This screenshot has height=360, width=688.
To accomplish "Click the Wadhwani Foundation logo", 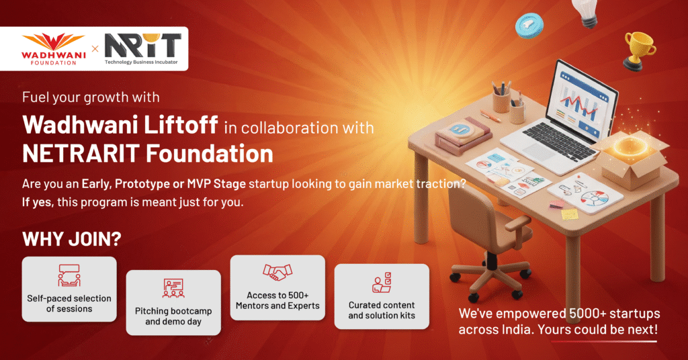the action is pyautogui.click(x=53, y=48).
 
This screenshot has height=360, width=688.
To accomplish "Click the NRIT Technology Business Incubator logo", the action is pyautogui.click(x=142, y=49).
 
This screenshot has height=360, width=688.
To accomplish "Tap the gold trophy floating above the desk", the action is pyautogui.click(x=639, y=50).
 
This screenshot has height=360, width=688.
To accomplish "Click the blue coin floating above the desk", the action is pyautogui.click(x=529, y=25).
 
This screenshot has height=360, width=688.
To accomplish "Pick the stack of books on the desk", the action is pyautogui.click(x=463, y=134).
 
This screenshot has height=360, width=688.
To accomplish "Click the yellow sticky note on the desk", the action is pyautogui.click(x=570, y=214).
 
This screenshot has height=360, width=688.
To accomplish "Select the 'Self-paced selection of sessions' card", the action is pyautogui.click(x=69, y=289).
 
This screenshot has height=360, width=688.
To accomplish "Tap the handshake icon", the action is pyautogui.click(x=277, y=272).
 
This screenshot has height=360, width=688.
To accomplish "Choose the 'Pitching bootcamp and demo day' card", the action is pyautogui.click(x=173, y=302).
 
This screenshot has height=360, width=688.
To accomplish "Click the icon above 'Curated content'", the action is pyautogui.click(x=382, y=282).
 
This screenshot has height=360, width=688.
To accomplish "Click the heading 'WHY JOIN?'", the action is pyautogui.click(x=71, y=239).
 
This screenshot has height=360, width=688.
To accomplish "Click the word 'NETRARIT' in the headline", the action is pyautogui.click(x=81, y=154).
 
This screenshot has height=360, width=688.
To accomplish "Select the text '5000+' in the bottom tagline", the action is pyautogui.click(x=586, y=314).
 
